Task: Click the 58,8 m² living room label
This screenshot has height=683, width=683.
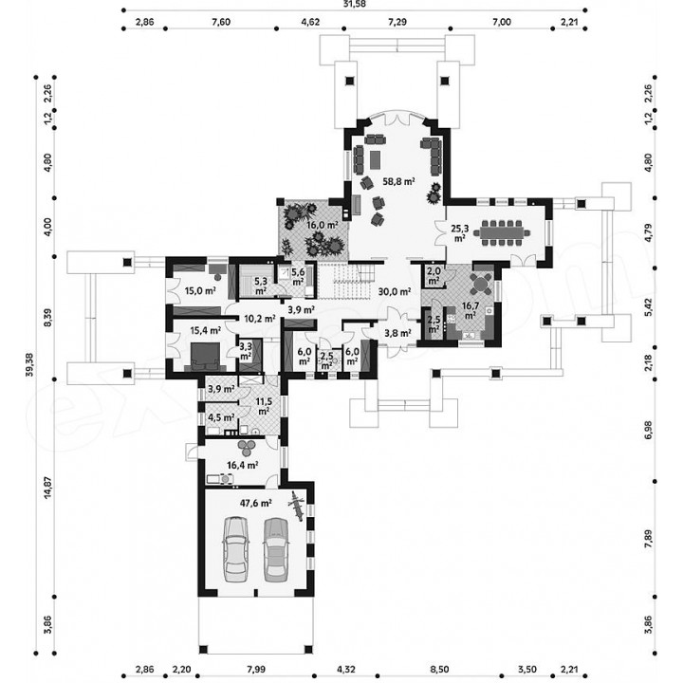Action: pyautogui.click(x=398, y=181)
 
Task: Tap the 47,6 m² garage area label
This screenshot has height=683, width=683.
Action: pyautogui.click(x=256, y=503)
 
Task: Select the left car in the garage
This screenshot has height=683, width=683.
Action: pyautogui.click(x=235, y=549)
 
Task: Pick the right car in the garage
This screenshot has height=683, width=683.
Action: pyautogui.click(x=276, y=549)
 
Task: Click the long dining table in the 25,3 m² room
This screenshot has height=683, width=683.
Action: pyautogui.click(x=502, y=232)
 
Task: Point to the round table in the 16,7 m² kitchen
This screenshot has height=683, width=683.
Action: pyautogui.click(x=480, y=285)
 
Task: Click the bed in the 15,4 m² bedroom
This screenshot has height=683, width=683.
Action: pyautogui.click(x=205, y=356)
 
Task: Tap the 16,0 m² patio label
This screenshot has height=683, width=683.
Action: pyautogui.click(x=323, y=225)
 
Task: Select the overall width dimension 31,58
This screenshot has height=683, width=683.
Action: pyautogui.click(x=355, y=4)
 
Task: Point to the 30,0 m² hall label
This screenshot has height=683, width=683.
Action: pyautogui.click(x=395, y=291)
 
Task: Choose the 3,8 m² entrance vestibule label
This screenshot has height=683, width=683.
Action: pyautogui.click(x=397, y=333)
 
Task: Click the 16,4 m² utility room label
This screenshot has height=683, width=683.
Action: pyautogui.click(x=243, y=465)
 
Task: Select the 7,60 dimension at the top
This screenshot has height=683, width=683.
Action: pyautogui.click(x=221, y=22)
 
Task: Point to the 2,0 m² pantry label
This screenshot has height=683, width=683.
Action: pyautogui.click(x=434, y=276)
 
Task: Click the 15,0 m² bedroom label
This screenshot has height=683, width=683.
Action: pyautogui.click(x=200, y=290)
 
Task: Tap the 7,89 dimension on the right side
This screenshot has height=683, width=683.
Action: pyautogui.click(x=648, y=539)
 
